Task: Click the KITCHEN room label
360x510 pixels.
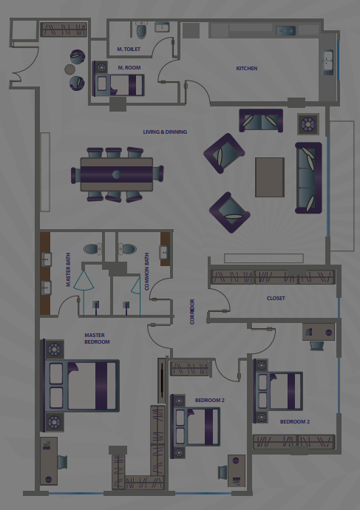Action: (246, 68)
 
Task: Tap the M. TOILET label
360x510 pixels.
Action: (129, 49)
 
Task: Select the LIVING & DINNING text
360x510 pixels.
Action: (165, 132)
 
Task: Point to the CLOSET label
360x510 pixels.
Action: (276, 298)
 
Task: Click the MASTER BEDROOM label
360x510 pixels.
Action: (97, 339)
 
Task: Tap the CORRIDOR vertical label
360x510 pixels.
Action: (192, 312)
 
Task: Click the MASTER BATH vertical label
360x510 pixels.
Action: (68, 270)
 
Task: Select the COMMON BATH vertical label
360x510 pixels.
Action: (146, 271)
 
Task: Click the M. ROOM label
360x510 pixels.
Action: (129, 68)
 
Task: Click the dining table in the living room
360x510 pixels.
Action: (117, 174)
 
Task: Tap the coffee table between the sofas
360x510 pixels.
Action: (270, 177)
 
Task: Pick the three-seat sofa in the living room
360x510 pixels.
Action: (308, 177)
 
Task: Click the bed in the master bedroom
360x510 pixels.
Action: (82, 385)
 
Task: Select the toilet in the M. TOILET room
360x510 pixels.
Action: (141, 30)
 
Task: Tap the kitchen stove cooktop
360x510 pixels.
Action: (286, 31)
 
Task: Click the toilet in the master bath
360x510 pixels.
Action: (92, 249)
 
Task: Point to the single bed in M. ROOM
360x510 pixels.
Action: (119, 85)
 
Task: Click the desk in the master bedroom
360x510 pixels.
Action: (49, 461)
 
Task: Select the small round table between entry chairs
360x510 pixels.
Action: (69, 69)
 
